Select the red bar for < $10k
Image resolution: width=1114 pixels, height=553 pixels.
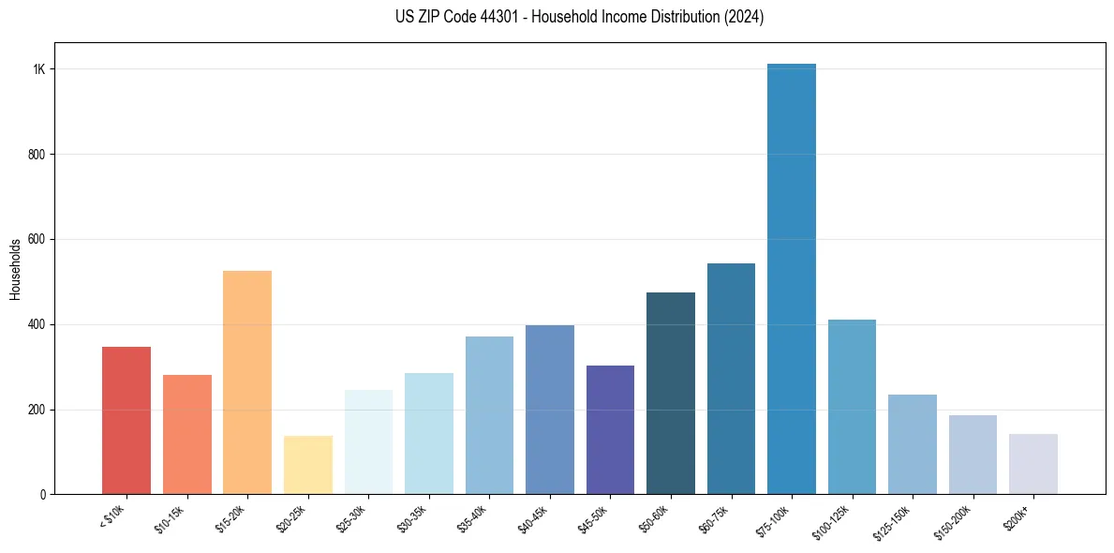pyautogui.click(x=126, y=421)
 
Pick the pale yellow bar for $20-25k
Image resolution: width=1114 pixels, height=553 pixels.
pyautogui.click(x=308, y=465)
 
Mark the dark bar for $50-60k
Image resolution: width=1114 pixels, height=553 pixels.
pyautogui.click(x=671, y=394)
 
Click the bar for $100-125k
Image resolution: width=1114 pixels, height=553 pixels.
pyautogui.click(x=852, y=407)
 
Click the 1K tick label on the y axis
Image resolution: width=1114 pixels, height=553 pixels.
pyautogui.click(x=39, y=69)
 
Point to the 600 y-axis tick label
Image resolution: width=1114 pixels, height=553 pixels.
pyautogui.click(x=37, y=240)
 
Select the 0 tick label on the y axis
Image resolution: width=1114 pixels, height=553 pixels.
pyautogui.click(x=42, y=495)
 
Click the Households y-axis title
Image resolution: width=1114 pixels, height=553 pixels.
pyautogui.click(x=15, y=269)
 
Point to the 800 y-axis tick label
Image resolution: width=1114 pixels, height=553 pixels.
pyautogui.click(x=37, y=155)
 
